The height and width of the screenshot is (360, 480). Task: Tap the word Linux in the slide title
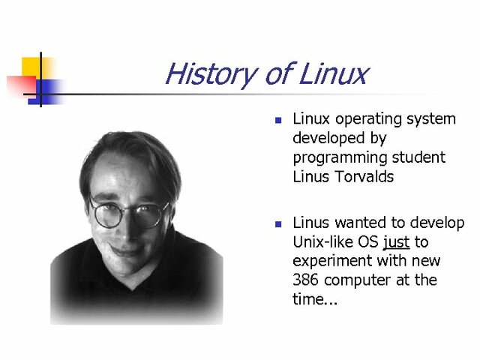tap(334, 74)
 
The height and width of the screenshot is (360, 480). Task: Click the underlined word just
tap(396, 243)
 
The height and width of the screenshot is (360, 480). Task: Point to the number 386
tap(307, 280)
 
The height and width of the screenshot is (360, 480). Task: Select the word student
tap(421, 157)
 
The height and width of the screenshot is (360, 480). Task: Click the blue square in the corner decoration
tap(47, 91)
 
